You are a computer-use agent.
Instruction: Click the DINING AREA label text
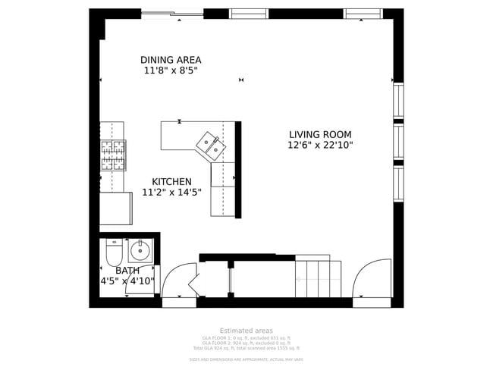171,60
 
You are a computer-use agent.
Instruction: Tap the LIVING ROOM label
320,134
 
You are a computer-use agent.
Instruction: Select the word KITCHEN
171,182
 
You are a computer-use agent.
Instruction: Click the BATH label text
127,270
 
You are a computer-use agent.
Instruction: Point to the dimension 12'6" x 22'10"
320,146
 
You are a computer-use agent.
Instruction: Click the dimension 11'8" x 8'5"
171,71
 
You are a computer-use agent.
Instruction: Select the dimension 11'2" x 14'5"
171,193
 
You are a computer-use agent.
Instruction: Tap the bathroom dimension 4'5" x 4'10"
127,281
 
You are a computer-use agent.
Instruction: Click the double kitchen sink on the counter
209,144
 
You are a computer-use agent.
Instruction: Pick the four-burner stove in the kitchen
112,155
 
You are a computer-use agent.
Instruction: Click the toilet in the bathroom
114,252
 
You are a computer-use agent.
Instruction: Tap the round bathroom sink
140,249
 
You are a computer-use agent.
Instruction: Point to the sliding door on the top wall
172,13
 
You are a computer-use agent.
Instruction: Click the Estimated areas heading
246,331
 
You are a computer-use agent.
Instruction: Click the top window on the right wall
398,100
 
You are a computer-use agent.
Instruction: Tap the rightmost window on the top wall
363,13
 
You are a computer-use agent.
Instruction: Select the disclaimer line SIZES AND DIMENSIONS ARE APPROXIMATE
246,359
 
